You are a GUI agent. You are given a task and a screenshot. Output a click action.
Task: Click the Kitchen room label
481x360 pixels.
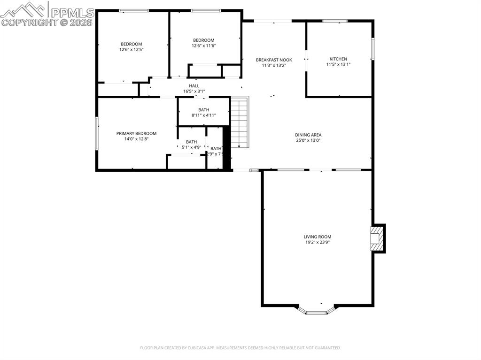(338, 59)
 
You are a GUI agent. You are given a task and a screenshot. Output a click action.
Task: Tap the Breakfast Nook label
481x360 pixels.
(274, 60)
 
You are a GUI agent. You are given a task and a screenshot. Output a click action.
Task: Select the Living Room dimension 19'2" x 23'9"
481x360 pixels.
(318, 243)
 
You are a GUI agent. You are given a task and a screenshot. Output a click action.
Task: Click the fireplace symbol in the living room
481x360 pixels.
(376, 238)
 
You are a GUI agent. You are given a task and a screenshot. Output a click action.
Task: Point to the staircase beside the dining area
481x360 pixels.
(239, 122)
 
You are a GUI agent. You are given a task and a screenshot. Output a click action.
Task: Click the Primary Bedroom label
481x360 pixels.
(136, 133)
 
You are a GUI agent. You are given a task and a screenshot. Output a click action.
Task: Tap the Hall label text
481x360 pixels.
(194, 86)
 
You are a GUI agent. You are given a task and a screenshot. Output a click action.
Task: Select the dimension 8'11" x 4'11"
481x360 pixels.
(203, 115)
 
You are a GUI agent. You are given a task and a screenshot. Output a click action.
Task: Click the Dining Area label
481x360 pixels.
(308, 135)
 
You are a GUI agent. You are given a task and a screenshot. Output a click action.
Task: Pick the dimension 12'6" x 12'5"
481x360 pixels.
(132, 49)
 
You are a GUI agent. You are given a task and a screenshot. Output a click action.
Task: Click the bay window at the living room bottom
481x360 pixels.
(317, 311)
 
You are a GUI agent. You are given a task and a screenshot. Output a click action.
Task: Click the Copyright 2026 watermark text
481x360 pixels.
(47, 22)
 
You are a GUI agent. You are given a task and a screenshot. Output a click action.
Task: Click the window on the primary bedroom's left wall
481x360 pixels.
(97, 134)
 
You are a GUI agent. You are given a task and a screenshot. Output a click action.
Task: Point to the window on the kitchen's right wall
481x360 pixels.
(373, 49)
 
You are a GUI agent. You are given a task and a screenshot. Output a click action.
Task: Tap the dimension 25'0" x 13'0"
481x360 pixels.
(308, 140)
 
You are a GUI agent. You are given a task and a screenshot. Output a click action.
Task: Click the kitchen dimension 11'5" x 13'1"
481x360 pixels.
(338, 65)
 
